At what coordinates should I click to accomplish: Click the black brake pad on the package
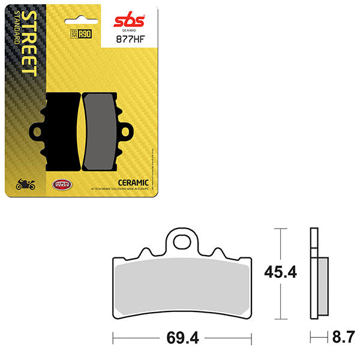60,129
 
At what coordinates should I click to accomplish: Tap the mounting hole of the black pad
38,130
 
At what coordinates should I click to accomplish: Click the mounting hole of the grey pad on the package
128,130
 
